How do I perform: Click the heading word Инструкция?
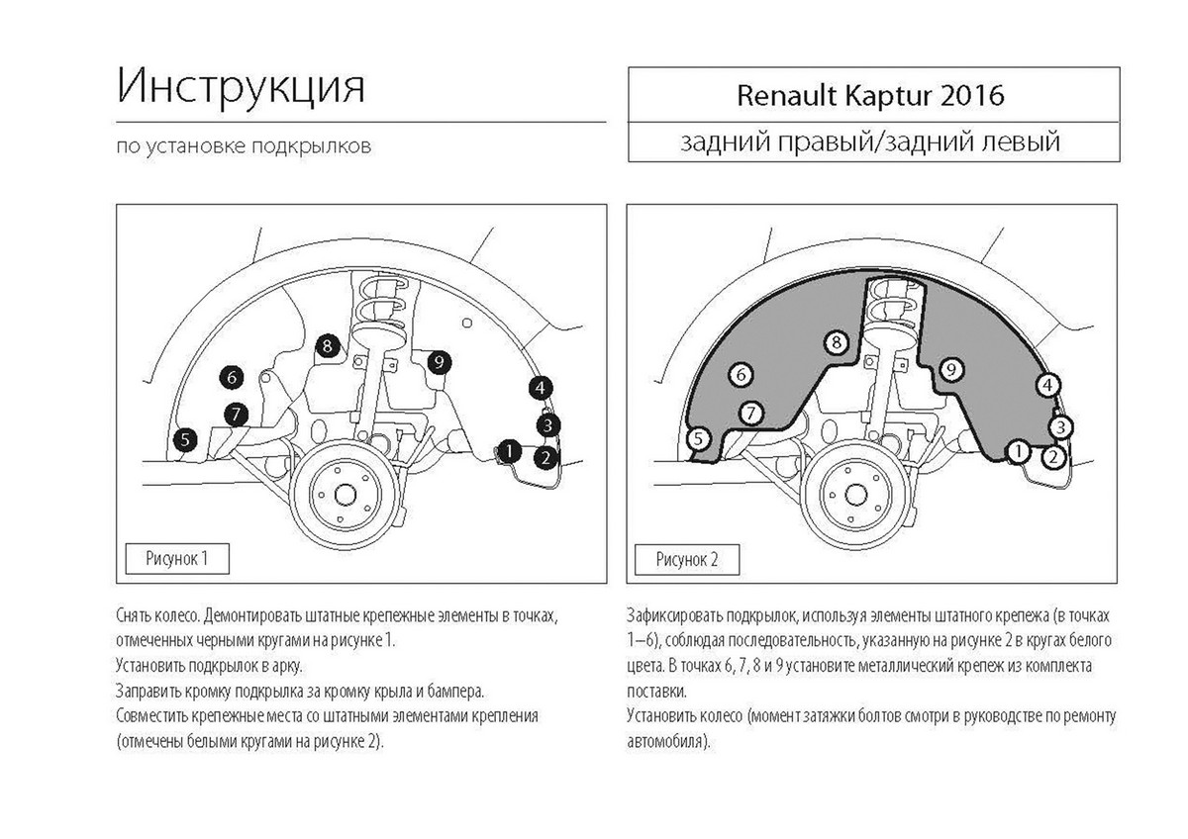(241, 86)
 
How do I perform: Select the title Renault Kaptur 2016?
(870, 95)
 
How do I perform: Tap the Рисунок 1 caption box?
(177, 559)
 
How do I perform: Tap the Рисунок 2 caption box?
(687, 560)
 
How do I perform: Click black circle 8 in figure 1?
(328, 346)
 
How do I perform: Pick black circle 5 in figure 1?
(185, 439)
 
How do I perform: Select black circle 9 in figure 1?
(440, 362)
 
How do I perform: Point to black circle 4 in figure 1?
(541, 389)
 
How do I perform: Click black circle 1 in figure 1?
(509, 451)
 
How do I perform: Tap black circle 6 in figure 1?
(232, 377)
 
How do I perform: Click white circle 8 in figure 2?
(837, 342)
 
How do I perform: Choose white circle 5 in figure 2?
(699, 439)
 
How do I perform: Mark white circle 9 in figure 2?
(951, 369)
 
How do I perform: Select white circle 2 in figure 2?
(1053, 457)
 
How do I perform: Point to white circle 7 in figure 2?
(750, 413)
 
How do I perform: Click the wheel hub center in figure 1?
(346, 496)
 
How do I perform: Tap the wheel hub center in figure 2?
(854, 496)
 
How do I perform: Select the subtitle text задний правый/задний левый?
(870, 141)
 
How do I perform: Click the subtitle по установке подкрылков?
(244, 146)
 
